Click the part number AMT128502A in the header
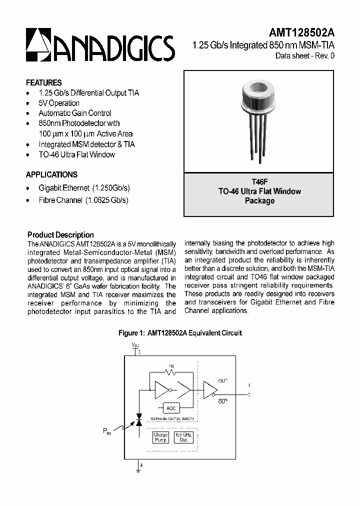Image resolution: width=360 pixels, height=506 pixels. point(301,32)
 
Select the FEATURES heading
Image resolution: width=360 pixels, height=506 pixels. point(44,83)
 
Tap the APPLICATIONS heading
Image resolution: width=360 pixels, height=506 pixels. point(51,175)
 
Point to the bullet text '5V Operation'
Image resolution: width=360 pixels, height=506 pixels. point(59,103)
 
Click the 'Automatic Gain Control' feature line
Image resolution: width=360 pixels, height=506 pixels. point(75,113)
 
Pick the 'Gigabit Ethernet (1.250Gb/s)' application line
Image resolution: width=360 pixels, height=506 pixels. point(84,188)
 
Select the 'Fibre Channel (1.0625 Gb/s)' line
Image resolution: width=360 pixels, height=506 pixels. point(83,200)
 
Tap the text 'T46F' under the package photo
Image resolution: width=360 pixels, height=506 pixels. point(259,182)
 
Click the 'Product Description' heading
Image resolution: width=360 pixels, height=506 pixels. point(60,235)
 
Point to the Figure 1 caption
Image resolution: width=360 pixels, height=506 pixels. point(180,333)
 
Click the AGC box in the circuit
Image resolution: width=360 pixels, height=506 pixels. point(171,408)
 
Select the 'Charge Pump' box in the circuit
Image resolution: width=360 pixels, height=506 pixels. point(160,437)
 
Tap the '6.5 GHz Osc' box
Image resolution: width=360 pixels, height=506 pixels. point(182,437)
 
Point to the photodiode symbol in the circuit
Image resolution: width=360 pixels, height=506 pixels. point(139,423)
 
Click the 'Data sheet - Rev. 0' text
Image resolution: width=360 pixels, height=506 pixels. point(304,56)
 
